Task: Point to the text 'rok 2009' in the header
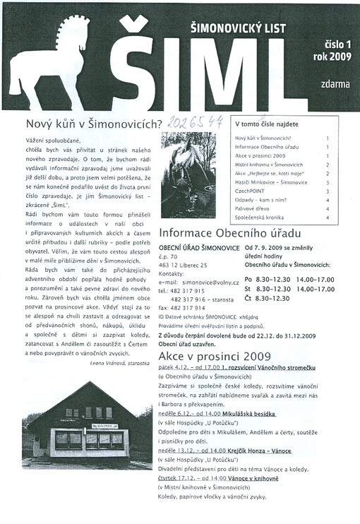pos(331,56)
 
